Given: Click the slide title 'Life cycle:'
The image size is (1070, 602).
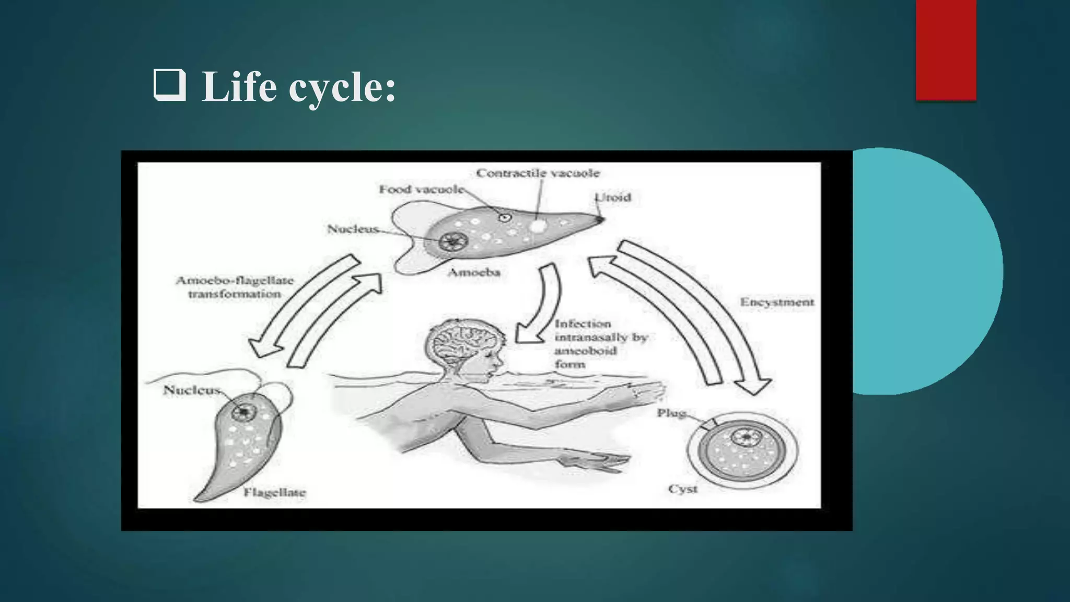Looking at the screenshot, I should point(298,87).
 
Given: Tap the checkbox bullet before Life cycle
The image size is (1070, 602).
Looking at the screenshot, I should point(169,86).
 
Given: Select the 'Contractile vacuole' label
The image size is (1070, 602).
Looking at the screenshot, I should point(538,173).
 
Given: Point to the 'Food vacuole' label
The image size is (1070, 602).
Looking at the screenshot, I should point(421,189).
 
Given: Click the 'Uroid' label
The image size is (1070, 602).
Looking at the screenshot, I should point(613,198).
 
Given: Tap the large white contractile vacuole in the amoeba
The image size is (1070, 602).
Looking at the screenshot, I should point(538,226).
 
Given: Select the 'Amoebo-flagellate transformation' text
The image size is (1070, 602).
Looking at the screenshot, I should point(235,287).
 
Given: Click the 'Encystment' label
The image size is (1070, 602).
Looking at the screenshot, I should point(776,302).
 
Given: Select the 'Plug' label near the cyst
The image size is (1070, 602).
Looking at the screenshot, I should point(671,413).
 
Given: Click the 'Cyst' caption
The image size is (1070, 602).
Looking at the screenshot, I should point(682,489).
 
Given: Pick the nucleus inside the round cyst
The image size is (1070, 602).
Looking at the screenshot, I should point(746,436).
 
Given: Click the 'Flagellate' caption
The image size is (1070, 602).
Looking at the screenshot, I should point(274,492).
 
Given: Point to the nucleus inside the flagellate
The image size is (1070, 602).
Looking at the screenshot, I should point(243,412).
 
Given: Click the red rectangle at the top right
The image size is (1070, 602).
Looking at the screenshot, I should point(946,50).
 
